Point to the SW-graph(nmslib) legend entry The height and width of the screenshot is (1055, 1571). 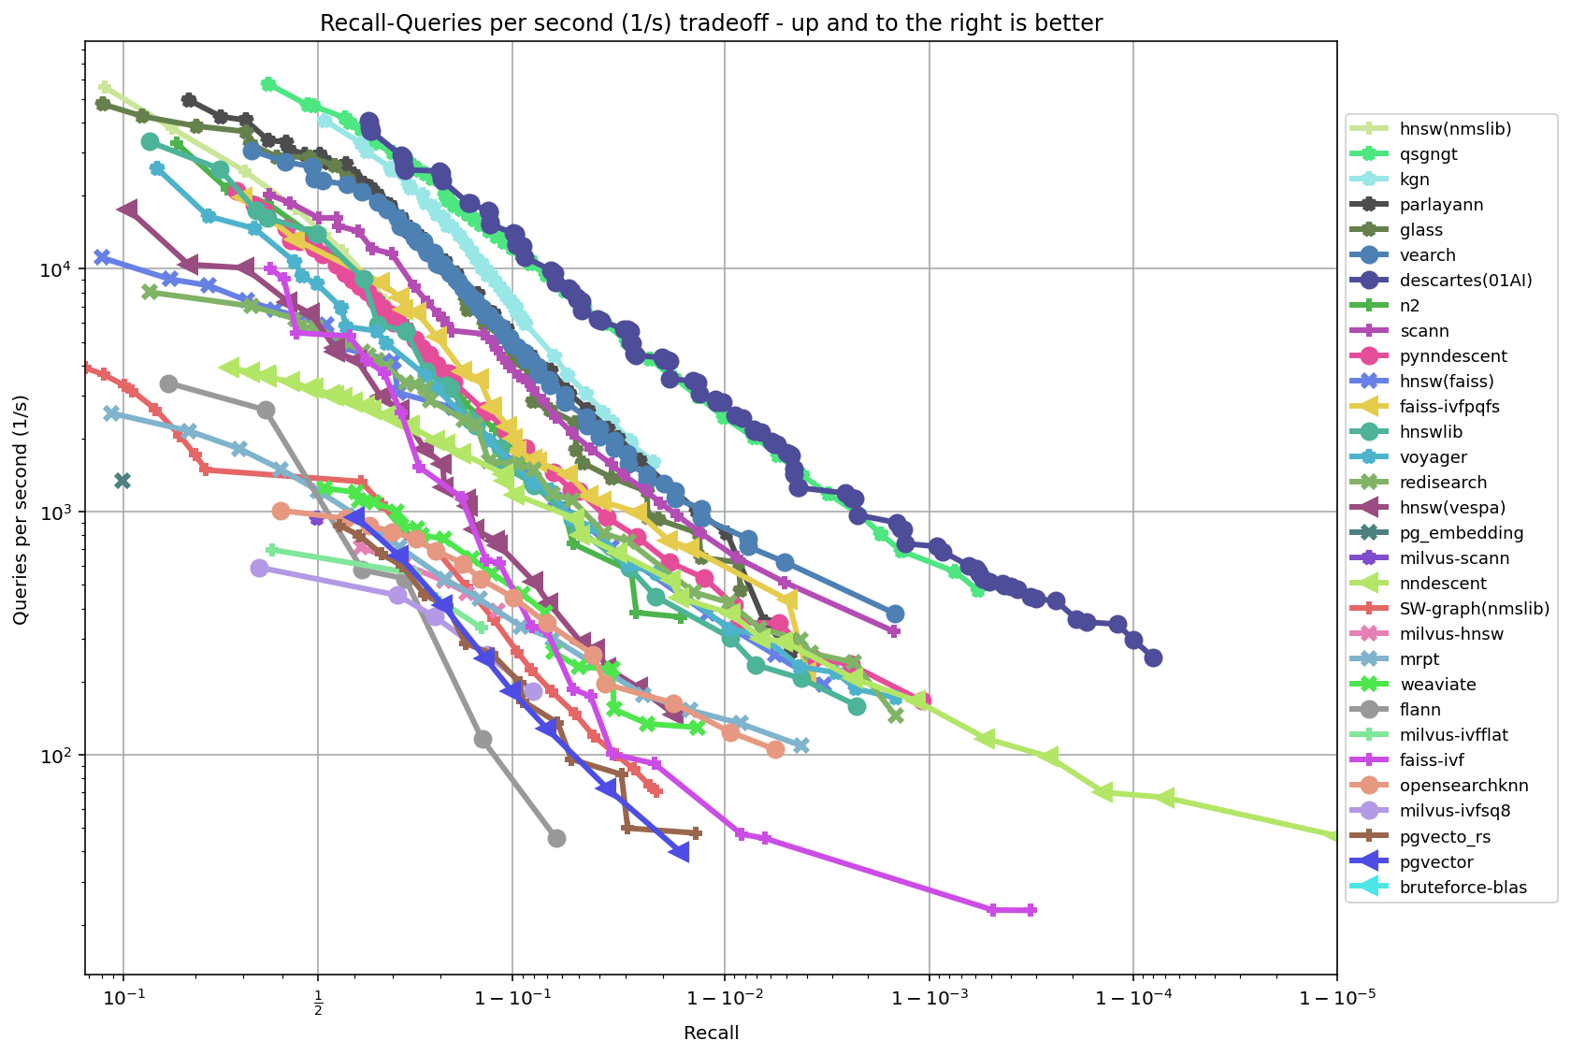(1475, 609)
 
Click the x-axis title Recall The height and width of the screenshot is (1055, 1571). (711, 1033)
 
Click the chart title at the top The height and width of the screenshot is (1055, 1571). (711, 23)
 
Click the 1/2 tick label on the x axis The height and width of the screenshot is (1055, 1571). (318, 999)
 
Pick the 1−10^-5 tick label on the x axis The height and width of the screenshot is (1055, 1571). (1336, 999)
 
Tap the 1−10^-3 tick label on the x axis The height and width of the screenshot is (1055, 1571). (929, 999)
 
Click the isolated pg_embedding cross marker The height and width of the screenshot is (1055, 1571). (122, 481)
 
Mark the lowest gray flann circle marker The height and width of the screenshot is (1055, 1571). (556, 838)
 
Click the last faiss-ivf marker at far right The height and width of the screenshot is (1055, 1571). (1031, 909)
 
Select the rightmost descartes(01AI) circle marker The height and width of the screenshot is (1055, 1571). (1153, 658)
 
